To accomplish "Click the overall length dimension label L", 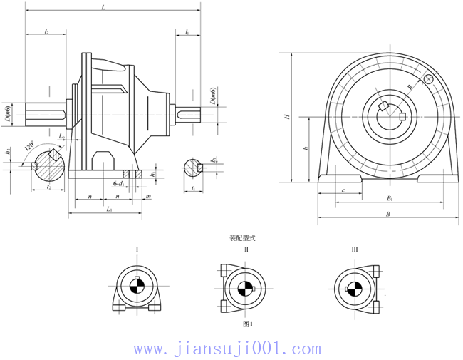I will pos(104,8).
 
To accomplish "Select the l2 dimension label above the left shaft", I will pos(46,32).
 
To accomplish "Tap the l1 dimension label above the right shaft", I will pos(187,32).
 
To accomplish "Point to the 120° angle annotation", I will pos(29,145).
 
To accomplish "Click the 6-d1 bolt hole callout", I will pos(118,184).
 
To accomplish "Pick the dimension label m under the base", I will pos(147,195).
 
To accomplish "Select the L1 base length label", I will pos(108,209).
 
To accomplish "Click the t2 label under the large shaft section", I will pos(48,187).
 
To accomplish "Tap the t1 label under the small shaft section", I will pos(194,187).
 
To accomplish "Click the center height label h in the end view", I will pos(305,149).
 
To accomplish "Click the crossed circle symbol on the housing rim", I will pos(428,79).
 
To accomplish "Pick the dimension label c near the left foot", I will pos(343,190).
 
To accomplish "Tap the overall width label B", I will pos(387,213).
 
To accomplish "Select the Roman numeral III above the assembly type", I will pos(354,250).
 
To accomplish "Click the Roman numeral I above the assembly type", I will pos(137,250).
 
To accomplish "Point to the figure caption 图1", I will pos(248,323).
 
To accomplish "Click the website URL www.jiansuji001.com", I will pos(227,349).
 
